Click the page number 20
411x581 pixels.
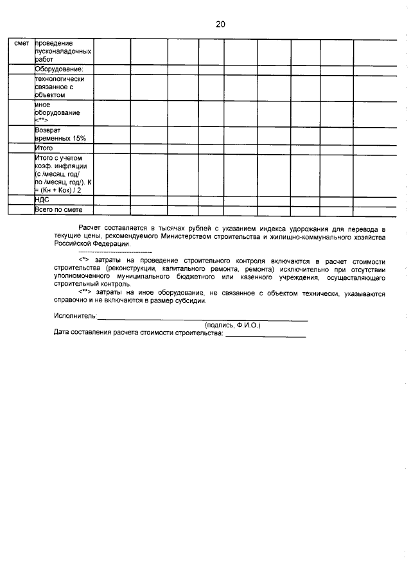coord(220,24)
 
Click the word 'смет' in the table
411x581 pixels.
coord(21,43)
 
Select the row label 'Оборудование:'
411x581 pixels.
coord(60,69)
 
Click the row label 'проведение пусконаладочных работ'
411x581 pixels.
coord(62,50)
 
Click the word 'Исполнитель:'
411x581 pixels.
coord(76,316)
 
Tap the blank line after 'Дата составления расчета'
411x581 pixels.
coord(265,336)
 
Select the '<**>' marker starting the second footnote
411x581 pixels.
coord(85,293)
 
